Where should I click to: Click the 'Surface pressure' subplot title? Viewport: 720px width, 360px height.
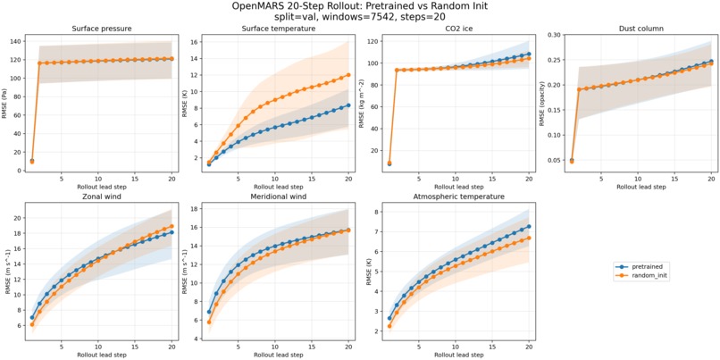[x=102, y=29]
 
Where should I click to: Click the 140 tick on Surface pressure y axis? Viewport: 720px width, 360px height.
[x=19, y=41]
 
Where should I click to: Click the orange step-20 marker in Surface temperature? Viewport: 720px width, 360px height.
[x=348, y=75]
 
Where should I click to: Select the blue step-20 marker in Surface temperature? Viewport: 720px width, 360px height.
[x=348, y=105]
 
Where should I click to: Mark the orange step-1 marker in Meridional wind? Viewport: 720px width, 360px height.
[x=209, y=322]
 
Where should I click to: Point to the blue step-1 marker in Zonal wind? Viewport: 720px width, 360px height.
[x=31, y=317]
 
